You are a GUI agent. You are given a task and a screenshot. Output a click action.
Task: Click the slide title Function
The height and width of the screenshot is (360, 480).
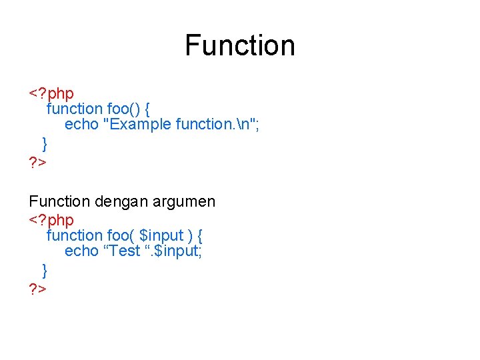coord(240,45)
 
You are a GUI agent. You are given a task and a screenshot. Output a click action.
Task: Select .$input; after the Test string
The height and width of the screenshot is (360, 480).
coord(177,251)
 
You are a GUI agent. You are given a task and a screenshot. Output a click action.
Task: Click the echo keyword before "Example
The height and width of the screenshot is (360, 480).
coord(81,125)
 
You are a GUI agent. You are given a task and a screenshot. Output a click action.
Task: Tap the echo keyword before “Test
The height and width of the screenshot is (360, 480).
coord(81,251)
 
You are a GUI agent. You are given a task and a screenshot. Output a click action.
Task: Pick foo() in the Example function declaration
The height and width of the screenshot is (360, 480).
coord(122,108)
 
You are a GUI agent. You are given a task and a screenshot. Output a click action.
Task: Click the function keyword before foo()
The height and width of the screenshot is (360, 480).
coord(74,108)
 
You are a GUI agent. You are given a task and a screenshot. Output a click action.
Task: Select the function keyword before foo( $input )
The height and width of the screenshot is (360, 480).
coord(74,235)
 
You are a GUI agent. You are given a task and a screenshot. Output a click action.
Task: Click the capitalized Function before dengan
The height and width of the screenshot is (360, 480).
coord(59,201)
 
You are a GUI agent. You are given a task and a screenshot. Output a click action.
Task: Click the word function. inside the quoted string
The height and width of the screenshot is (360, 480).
coord(203,125)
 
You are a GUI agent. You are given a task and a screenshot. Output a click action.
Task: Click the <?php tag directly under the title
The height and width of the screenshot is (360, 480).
coord(51,93)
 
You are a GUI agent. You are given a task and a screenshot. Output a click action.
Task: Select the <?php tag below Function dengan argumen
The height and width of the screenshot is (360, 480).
coord(51,219)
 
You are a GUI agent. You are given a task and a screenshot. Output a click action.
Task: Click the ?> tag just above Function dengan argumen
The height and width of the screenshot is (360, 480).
coord(37,162)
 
